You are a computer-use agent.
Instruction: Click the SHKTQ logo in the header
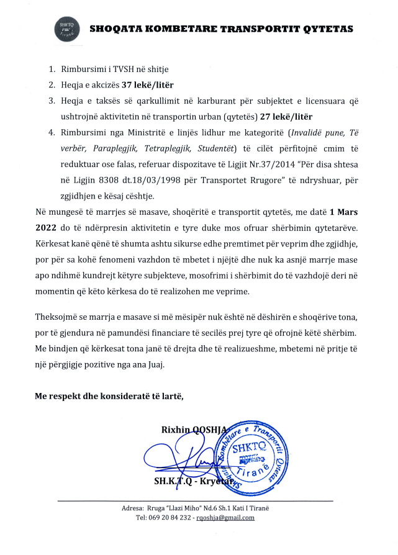pyautogui.click(x=65, y=29)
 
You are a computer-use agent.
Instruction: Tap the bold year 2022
pyautogui.click(x=46, y=230)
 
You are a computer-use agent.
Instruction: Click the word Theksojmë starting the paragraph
pyautogui.click(x=58, y=318)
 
